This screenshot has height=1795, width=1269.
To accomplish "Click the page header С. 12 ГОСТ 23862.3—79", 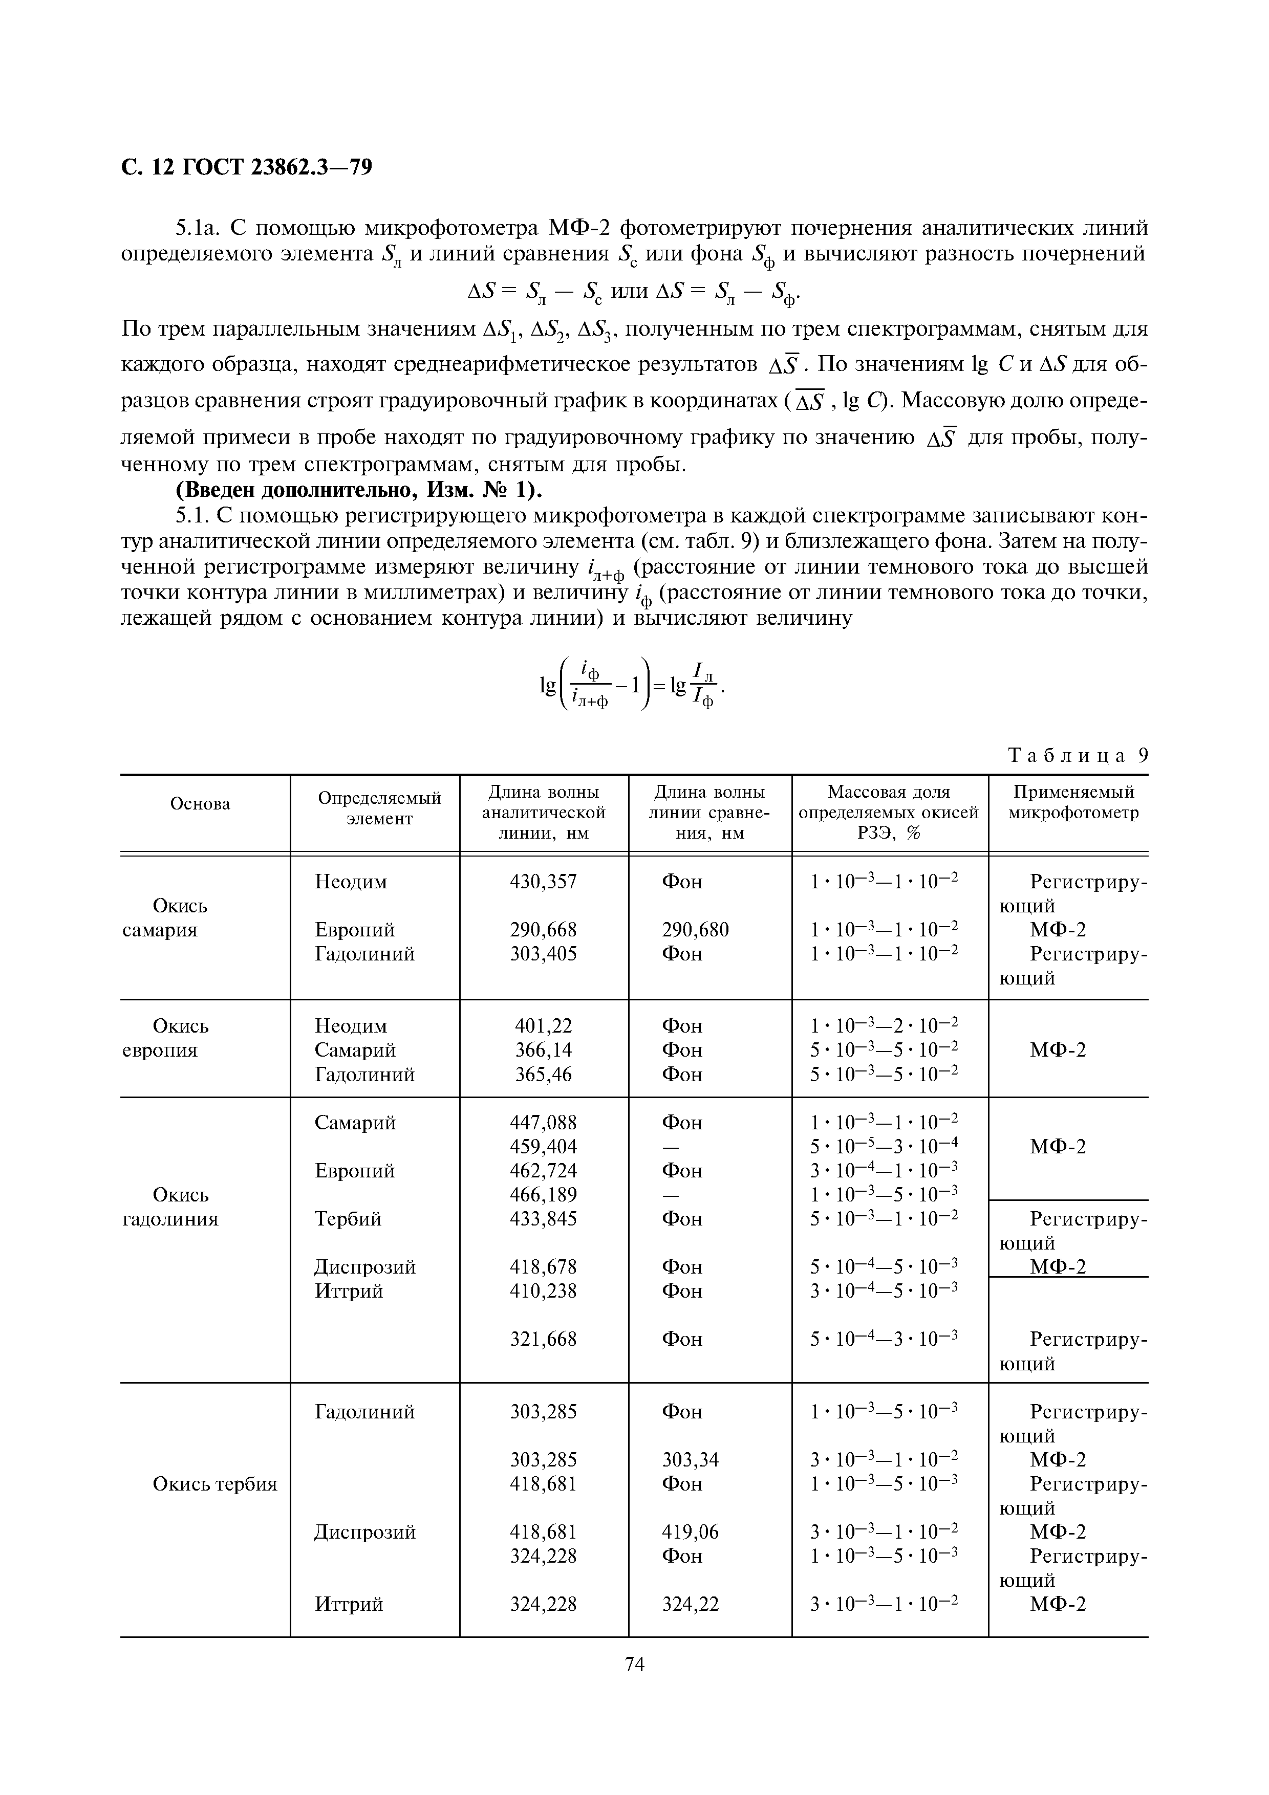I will pyautogui.click(x=246, y=167).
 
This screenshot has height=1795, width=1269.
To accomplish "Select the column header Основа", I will pyautogui.click(x=200, y=804).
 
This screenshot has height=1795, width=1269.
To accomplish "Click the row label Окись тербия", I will pyautogui.click(x=215, y=1484).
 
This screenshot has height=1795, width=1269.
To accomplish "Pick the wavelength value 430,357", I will pyautogui.click(x=544, y=882).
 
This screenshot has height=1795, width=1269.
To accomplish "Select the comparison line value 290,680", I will pyautogui.click(x=695, y=930).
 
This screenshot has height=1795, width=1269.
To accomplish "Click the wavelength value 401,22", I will pyautogui.click(x=544, y=1026).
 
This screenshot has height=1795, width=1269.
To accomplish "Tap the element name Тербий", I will pyautogui.click(x=348, y=1219).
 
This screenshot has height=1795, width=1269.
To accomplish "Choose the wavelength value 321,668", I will pyautogui.click(x=544, y=1339).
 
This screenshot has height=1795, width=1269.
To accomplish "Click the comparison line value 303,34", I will pyautogui.click(x=690, y=1460).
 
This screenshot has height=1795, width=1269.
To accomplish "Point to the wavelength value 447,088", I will pyautogui.click(x=544, y=1123).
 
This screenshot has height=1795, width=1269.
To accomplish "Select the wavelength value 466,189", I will pyautogui.click(x=544, y=1195).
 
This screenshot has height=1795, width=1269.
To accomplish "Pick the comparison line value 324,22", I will pyautogui.click(x=690, y=1604).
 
